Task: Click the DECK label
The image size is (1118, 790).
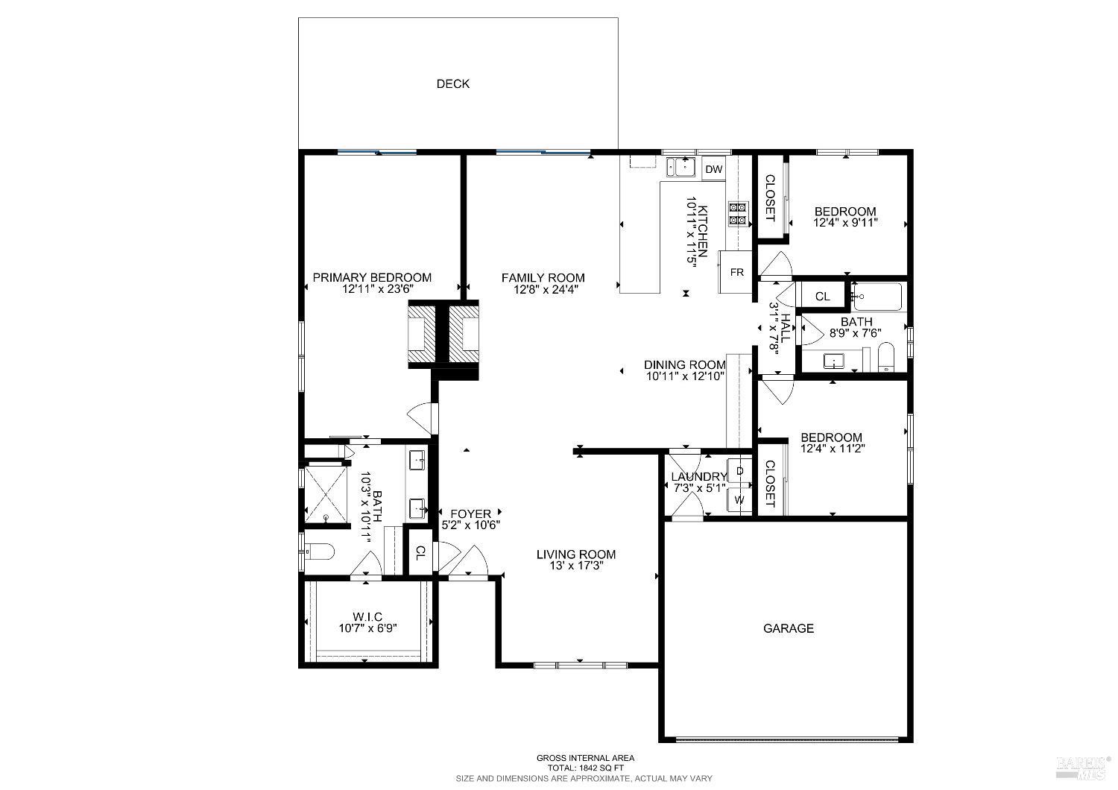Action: [x=452, y=84]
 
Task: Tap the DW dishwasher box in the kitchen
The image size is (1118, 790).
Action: [x=714, y=169]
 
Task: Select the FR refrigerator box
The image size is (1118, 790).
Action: [x=736, y=272]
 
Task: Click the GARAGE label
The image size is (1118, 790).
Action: [x=788, y=628]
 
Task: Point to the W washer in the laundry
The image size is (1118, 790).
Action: [x=739, y=500]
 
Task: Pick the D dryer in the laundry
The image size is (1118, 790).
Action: [x=739, y=471]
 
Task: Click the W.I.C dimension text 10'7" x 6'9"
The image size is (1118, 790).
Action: [x=367, y=628]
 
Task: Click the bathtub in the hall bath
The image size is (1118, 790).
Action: [x=877, y=297]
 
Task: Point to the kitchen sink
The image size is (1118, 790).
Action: [x=680, y=167]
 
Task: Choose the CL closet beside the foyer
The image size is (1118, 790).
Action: [x=420, y=552]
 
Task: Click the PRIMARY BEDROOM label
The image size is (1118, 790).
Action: [x=382, y=277]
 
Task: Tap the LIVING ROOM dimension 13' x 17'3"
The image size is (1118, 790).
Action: [x=576, y=565]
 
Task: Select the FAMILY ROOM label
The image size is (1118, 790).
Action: [x=543, y=278]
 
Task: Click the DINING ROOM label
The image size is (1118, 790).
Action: [x=684, y=364]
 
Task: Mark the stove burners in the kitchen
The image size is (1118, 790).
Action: [x=738, y=213]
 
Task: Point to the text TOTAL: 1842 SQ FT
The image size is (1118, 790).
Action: [x=585, y=768]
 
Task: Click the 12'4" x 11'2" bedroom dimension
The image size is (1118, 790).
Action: [x=832, y=449]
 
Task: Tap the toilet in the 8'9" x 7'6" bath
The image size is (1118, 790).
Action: [x=885, y=358]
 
